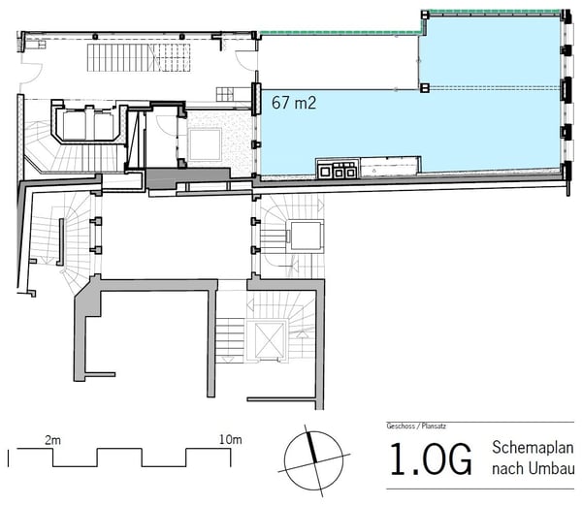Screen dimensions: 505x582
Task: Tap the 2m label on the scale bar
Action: (x=54, y=440)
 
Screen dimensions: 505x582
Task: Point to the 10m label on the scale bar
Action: (x=230, y=440)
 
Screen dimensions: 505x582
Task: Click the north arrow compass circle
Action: (x=311, y=457)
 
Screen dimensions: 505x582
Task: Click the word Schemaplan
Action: (x=533, y=450)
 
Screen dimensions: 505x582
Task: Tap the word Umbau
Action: (x=556, y=469)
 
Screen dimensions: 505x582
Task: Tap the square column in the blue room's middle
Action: (x=425, y=88)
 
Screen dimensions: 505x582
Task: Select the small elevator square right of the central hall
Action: (x=304, y=235)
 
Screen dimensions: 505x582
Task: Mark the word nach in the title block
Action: (x=512, y=469)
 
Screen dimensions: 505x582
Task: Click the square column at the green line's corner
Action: (x=424, y=14)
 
